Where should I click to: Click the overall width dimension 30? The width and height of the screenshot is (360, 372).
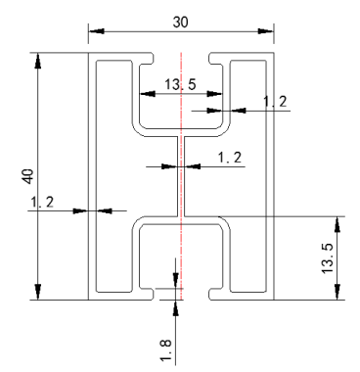click(180, 23)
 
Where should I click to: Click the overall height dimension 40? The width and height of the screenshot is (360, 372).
click(28, 176)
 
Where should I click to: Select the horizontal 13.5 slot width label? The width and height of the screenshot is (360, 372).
click(180, 84)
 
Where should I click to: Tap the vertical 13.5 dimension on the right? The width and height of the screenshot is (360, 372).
click(328, 258)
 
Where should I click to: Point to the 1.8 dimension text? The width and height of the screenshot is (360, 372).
click(165, 349)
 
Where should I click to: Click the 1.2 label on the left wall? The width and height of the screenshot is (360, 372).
click(42, 203)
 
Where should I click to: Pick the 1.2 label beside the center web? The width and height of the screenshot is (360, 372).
click(230, 158)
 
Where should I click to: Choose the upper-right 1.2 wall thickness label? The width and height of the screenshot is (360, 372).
click(275, 102)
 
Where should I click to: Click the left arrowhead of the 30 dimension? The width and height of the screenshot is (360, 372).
click(97, 31)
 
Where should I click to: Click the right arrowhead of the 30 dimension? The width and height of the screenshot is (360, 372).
click(265, 31)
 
